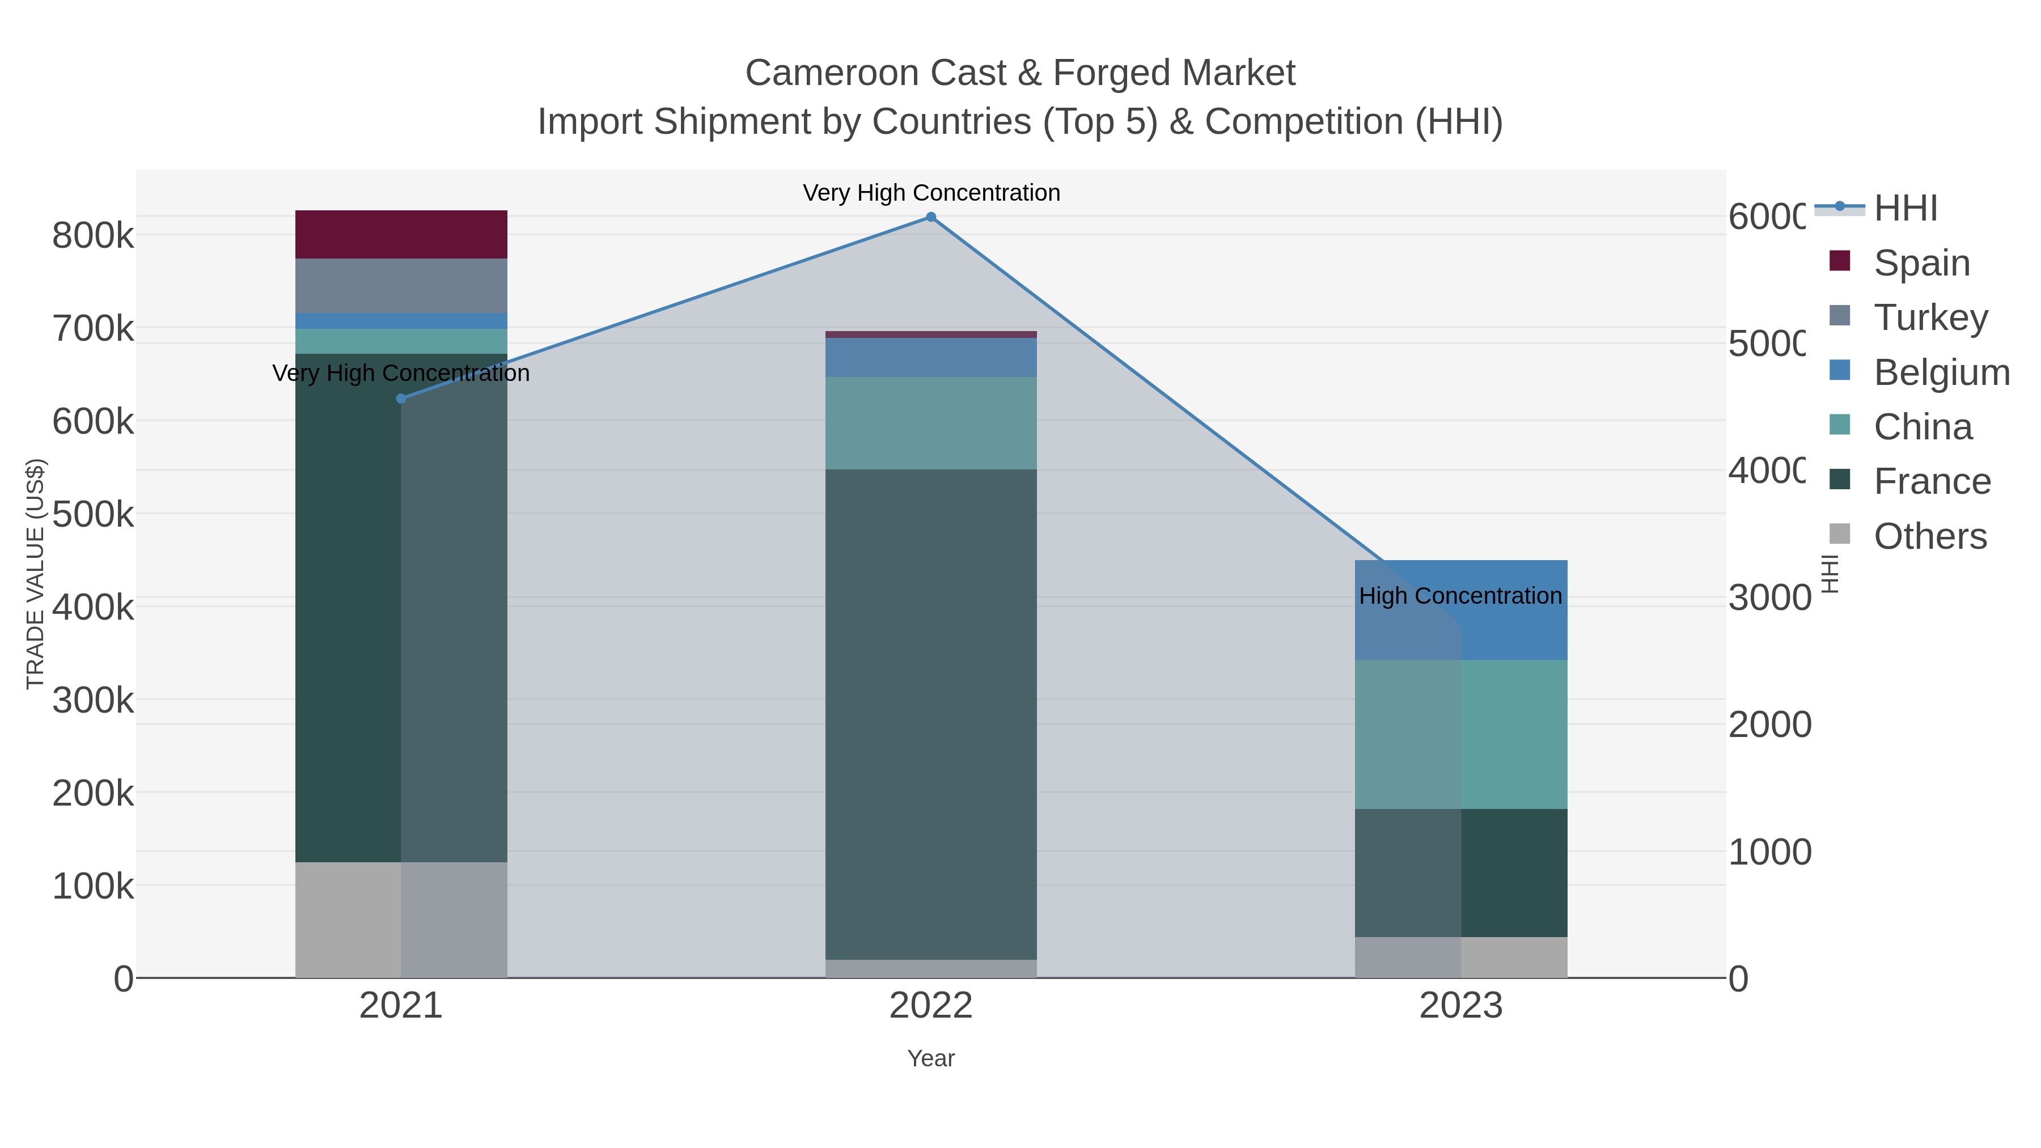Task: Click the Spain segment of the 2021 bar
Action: [x=401, y=235]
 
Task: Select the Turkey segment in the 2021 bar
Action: [x=401, y=286]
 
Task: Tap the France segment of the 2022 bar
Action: [x=931, y=713]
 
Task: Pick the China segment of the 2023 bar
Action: [x=1460, y=734]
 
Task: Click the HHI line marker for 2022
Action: [x=931, y=217]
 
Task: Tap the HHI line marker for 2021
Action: [x=401, y=399]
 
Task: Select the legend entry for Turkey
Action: [x=1930, y=317]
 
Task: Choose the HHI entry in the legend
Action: [x=1906, y=209]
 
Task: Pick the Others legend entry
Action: [x=1930, y=536]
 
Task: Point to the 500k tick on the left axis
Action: [x=93, y=514]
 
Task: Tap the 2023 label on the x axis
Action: [x=1460, y=1005]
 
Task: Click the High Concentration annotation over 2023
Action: [x=1460, y=596]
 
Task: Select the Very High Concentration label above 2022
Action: [x=931, y=193]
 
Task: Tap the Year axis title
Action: [x=931, y=1058]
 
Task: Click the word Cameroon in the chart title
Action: [x=831, y=73]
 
